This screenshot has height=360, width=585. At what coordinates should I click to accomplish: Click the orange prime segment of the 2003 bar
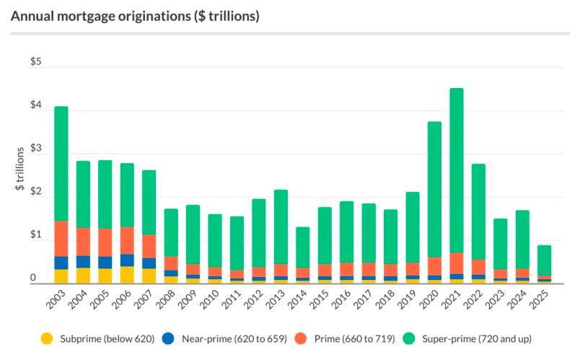pyautogui.click(x=61, y=239)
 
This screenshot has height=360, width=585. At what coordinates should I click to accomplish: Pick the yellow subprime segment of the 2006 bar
pyautogui.click(x=127, y=275)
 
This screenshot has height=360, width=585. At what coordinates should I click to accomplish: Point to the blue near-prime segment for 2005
pyautogui.click(x=105, y=263)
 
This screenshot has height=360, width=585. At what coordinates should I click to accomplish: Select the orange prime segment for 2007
pyautogui.click(x=149, y=246)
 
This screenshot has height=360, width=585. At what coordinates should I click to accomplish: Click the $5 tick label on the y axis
pyautogui.click(x=36, y=62)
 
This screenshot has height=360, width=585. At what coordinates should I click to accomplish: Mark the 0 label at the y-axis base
pyautogui.click(x=32, y=278)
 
